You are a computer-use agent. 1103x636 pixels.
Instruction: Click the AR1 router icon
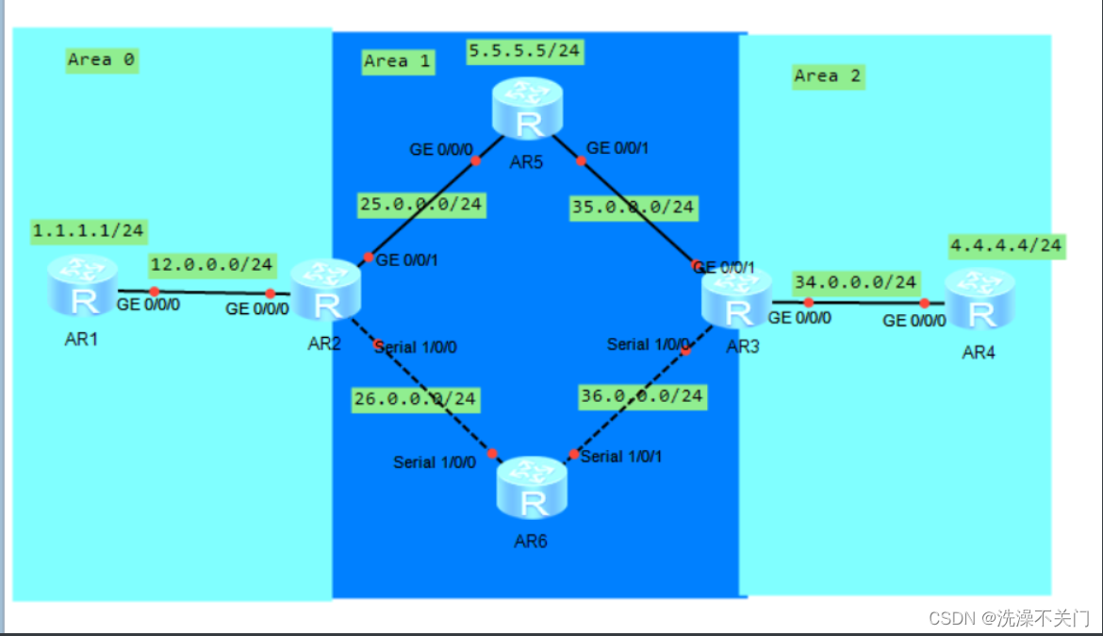(83, 285)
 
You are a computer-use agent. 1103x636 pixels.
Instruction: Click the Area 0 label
(102, 60)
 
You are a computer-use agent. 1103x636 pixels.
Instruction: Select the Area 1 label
(397, 61)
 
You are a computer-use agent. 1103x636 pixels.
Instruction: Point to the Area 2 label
(828, 76)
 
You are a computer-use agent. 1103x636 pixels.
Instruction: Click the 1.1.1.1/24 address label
(87, 230)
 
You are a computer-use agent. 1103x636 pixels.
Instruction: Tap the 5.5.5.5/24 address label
(525, 51)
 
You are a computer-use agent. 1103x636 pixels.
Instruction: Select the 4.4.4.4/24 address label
(1006, 246)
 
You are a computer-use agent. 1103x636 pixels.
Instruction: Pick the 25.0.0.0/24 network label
(420, 204)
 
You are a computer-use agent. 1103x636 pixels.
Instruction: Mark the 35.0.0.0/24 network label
(633, 207)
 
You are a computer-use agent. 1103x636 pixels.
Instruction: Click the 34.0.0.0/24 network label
(855, 282)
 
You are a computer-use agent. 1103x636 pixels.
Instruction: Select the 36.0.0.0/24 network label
(641, 396)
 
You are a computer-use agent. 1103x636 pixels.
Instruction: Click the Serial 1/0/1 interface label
(622, 457)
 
